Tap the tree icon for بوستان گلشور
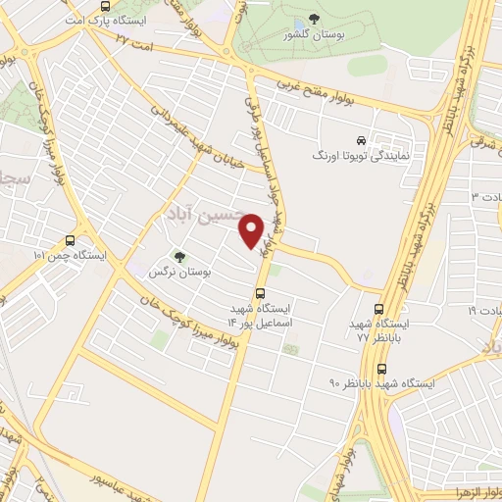313,20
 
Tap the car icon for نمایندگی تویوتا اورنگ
362,140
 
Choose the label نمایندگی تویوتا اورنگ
366,156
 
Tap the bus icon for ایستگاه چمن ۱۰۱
69,240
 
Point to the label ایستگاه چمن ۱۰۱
68,255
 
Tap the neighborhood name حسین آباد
197,212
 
